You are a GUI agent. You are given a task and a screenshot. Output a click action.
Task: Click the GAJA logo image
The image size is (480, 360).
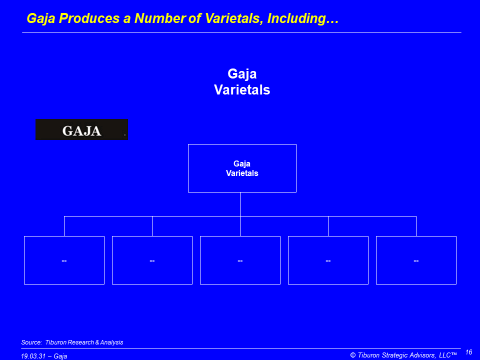coord(81,129)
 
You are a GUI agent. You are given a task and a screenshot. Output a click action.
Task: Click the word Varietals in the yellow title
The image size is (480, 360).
coord(232,18)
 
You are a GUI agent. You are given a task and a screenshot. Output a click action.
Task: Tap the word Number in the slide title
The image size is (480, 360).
coord(159,18)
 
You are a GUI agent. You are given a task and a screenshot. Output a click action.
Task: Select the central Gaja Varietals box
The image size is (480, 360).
coord(242,168)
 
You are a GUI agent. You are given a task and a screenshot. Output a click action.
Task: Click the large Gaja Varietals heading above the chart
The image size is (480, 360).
coord(242,81)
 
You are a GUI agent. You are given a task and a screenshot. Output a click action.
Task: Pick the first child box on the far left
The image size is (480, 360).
coord(64,260)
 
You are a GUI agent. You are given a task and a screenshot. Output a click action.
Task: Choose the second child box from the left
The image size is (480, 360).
coord(152,260)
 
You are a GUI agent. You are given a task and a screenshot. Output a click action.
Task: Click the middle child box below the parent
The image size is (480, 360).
coord(240,260)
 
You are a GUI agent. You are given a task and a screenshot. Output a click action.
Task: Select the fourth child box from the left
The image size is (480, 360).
coord(328,260)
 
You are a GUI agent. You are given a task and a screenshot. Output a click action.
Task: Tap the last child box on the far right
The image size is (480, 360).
coord(416,260)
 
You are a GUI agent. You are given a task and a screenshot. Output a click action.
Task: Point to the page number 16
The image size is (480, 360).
coord(468,352)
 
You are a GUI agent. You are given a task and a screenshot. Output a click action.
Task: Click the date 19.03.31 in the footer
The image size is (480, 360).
coord(33,356)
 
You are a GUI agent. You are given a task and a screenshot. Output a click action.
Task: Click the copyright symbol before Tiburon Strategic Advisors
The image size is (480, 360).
coord(353,355)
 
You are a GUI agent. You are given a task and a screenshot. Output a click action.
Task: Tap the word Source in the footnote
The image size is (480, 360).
coord(31,342)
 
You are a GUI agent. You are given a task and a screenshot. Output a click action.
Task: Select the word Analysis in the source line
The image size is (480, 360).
coord(111,342)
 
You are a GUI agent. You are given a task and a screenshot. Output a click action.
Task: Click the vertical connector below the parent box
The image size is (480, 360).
coord(240,204)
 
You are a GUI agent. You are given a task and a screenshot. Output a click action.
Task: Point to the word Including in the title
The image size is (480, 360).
coord(303,18)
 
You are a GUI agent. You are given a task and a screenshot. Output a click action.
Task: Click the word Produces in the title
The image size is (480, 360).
coord(89,18)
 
